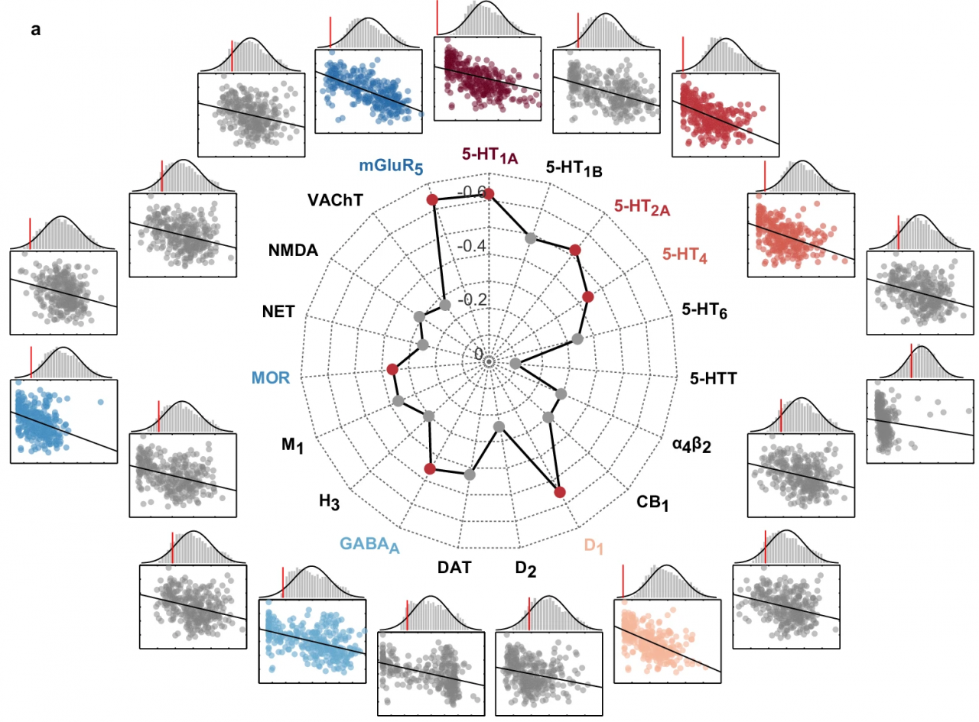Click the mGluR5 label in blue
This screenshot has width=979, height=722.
[391, 167]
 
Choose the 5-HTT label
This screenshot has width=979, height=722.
[712, 377]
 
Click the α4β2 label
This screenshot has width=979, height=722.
[691, 445]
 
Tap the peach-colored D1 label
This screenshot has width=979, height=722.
[593, 546]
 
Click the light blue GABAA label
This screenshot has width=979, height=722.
[370, 545]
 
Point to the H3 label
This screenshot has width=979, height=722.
[329, 502]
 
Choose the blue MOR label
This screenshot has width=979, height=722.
[272, 377]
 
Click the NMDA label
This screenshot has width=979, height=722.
[294, 251]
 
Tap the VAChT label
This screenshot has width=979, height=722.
[334, 199]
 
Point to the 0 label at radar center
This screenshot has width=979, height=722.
[479, 355]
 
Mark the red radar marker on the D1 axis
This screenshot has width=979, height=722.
[559, 492]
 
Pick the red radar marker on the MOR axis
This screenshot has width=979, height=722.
[392, 370]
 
